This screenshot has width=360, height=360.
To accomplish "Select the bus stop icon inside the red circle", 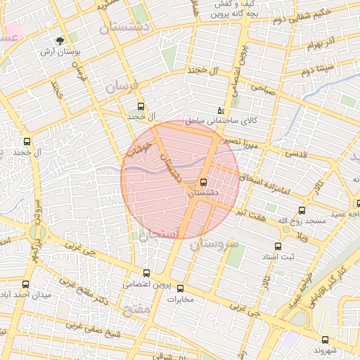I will tap(204, 181).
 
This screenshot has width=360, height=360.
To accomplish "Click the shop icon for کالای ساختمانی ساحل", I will tap(221, 110).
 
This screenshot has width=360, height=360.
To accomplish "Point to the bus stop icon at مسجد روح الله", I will tap(302, 210).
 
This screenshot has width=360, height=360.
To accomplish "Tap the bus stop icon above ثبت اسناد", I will tap(278, 246).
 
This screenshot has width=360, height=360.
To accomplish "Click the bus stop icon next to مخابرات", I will tap(180, 288).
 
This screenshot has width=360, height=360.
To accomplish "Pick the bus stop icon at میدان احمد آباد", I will tap(26, 285).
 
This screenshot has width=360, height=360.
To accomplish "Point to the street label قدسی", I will tap(295, 153).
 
